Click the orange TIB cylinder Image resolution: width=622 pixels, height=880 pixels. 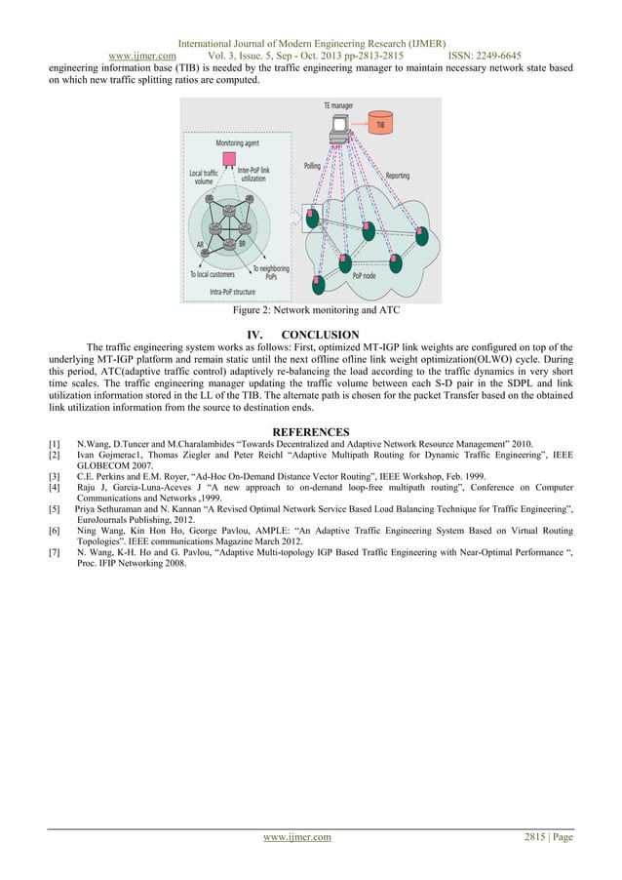point(381,124)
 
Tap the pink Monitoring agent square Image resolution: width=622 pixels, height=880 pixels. point(230,158)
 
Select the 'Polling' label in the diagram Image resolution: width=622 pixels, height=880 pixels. point(312,166)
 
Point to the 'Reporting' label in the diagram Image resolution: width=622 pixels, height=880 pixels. point(398,176)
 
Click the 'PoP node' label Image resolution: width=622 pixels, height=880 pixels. point(367,275)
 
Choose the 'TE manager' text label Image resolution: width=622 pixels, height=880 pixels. point(338,103)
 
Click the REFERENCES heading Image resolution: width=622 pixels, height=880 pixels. point(310,431)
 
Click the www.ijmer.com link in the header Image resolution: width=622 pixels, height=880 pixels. point(141,57)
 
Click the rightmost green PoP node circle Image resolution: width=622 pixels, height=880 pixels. point(422,235)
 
